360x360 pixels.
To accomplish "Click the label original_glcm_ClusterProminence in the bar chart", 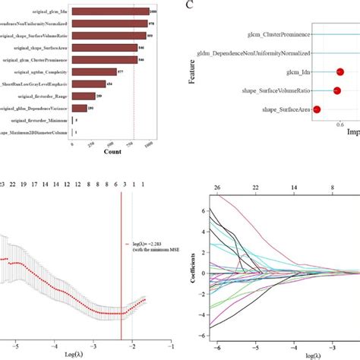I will tap(34, 59).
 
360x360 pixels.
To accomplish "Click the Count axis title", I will tap(112, 152).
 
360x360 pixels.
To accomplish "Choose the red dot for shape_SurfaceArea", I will tap(317, 110).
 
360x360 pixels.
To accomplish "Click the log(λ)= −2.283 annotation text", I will tap(148, 243).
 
